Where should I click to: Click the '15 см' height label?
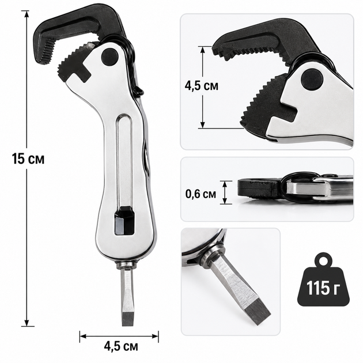tap(28, 159)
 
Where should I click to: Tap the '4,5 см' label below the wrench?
tap(121, 346)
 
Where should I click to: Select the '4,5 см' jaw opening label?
tap(202, 86)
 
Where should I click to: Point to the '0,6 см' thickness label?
tap(201, 194)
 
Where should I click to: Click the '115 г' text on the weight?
tap(323, 288)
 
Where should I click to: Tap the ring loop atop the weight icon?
tap(324, 259)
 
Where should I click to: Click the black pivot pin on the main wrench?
tap(110, 56)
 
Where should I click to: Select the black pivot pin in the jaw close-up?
tap(312, 80)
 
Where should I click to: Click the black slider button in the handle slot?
tap(124, 221)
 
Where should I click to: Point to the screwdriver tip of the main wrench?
tap(127, 319)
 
